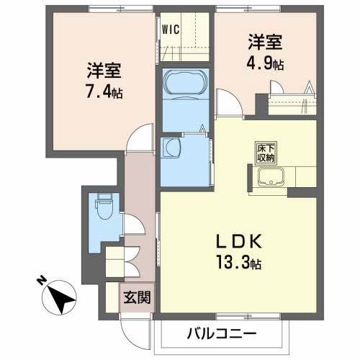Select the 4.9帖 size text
266,63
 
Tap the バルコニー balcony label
222,333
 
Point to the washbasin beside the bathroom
172,148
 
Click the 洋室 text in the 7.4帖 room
104,72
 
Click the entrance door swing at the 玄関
134,324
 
